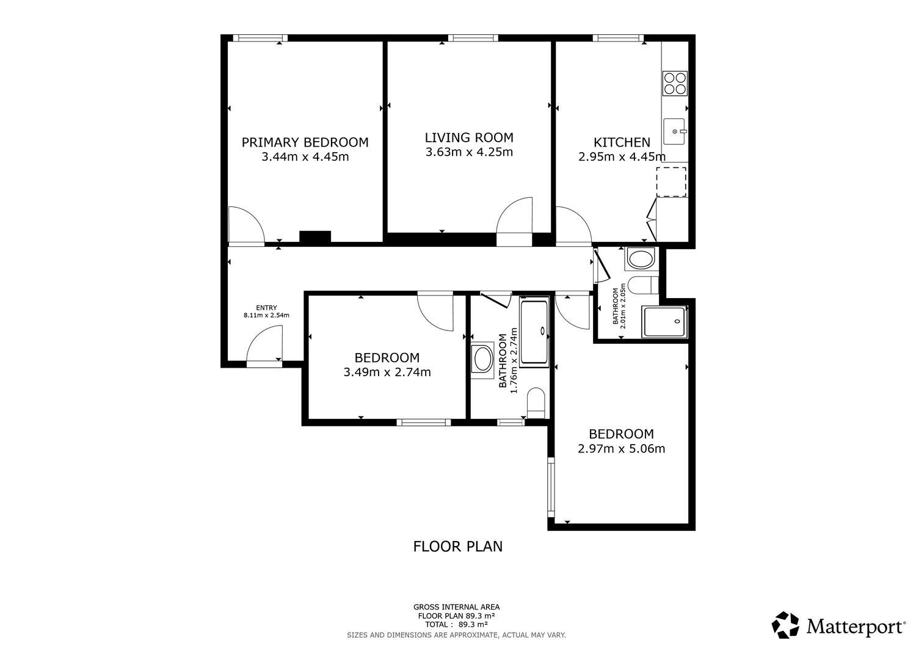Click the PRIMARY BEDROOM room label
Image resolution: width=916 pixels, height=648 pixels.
tap(305, 142)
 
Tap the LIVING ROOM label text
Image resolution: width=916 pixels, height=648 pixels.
tap(469, 137)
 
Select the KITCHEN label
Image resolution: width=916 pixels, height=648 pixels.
tap(622, 142)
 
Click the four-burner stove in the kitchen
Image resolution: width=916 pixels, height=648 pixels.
tap(675, 83)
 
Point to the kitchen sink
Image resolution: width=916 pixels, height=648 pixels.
tap(674, 131)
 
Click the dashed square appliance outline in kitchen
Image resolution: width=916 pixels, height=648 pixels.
tap(671, 181)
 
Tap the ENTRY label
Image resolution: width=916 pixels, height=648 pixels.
tap(266, 308)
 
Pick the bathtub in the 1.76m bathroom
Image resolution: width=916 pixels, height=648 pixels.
tap(534, 332)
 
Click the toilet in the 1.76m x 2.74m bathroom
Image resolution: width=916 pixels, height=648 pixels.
tap(536, 402)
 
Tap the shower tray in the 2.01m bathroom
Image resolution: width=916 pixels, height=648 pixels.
tap(664, 322)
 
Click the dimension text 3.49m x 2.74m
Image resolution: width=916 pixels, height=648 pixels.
tap(387, 373)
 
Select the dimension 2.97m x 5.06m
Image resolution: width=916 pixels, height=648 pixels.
tap(621, 449)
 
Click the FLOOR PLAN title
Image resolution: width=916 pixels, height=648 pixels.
tap(457, 547)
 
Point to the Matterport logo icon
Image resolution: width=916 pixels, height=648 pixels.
tap(785, 625)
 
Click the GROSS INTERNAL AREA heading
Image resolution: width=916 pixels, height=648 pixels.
tap(456, 607)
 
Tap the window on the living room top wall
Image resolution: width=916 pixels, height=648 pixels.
tap(473, 38)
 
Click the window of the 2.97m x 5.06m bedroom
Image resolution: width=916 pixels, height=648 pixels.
tap(551, 487)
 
